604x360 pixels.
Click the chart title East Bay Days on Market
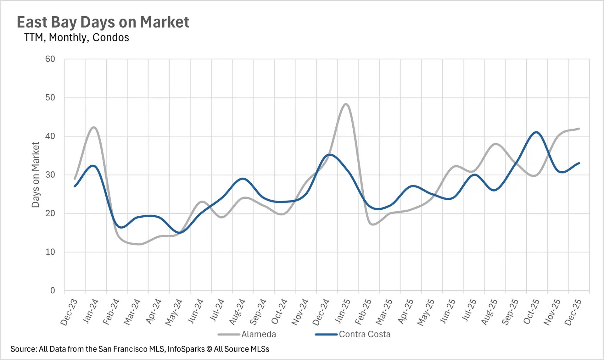[103, 22]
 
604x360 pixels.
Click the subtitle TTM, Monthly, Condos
[76, 37]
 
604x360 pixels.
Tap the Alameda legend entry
[258, 334]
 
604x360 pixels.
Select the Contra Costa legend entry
[364, 334]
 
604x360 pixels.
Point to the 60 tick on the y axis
[50, 59]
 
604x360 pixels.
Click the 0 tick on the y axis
[53, 291]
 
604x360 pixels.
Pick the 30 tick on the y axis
[50, 175]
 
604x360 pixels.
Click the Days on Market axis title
[36, 174]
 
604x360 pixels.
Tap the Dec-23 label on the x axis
[69, 312]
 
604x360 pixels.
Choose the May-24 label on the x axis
[174, 312]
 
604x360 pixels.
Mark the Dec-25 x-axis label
[573, 312]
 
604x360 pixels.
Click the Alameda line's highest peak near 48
[346, 104]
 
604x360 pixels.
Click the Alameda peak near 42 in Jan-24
[94, 127]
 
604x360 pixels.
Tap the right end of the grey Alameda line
[579, 129]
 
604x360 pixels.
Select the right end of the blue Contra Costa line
[579, 163]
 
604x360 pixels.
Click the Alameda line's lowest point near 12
[139, 244]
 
